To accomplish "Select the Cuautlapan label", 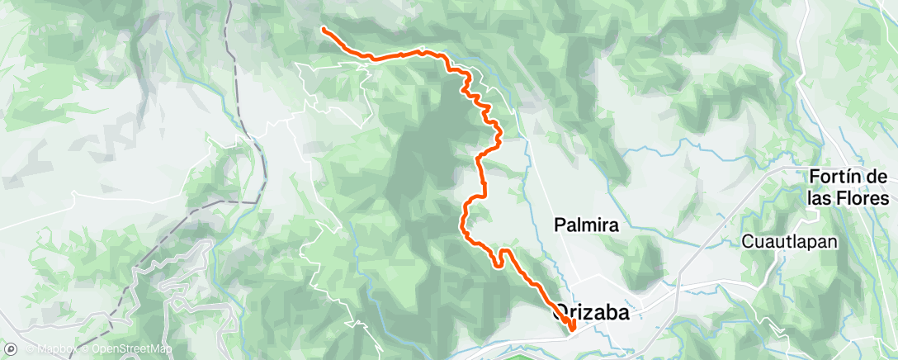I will [x=789, y=242].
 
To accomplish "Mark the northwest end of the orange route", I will [x=323, y=30].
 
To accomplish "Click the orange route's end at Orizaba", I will [x=572, y=334].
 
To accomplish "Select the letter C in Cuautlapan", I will [x=747, y=242].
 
